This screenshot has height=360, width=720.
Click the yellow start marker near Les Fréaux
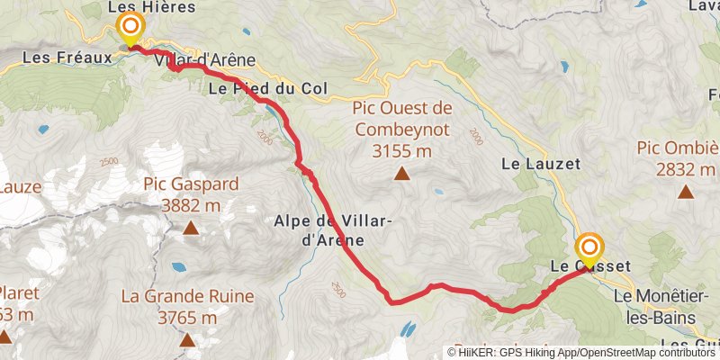click(130, 28)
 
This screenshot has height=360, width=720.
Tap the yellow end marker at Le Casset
click(590, 249)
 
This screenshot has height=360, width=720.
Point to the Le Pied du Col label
click(266, 89)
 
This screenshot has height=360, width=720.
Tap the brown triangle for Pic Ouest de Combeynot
click(401, 175)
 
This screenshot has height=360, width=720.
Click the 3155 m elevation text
click(401, 151)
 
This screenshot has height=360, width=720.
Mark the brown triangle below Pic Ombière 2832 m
click(686, 191)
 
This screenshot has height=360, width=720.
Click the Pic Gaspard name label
click(191, 184)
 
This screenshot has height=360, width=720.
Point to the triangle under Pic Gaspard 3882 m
click(191, 229)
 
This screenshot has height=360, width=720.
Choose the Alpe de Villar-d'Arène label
click(319, 230)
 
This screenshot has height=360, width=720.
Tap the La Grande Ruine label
click(187, 296)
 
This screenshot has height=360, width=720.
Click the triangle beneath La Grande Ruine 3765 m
click(187, 340)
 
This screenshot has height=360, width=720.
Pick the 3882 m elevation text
click(191, 206)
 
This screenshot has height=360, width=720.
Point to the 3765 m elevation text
click(187, 318)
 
